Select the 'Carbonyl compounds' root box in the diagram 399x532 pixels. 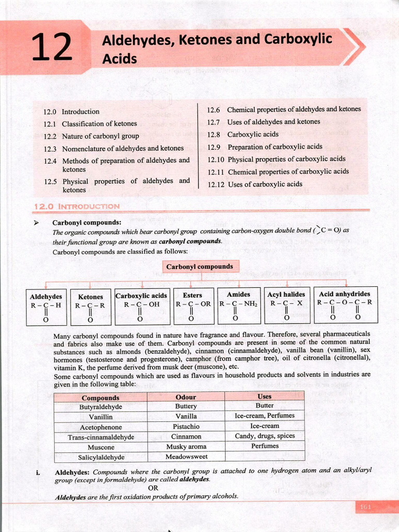tap(200, 267)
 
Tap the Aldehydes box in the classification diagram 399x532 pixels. tap(46, 307)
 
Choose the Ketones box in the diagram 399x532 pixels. tap(90, 307)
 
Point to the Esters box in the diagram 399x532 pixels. tap(193, 305)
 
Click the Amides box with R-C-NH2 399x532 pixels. tap(238, 305)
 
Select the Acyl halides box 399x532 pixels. tap(286, 305)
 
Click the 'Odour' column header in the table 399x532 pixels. tap(186, 397)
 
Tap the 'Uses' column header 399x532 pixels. tap(264, 396)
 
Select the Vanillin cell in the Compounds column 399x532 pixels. tap(101, 417)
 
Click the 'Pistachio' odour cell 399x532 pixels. tap(186, 427)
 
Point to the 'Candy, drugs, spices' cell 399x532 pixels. tap(264, 436)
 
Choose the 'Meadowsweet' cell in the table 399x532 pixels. tap(186, 457)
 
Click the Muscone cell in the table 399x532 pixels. tap(101, 447)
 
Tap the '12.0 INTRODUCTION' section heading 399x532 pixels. tap(76, 206)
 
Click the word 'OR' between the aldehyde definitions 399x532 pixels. tap(153, 488)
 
